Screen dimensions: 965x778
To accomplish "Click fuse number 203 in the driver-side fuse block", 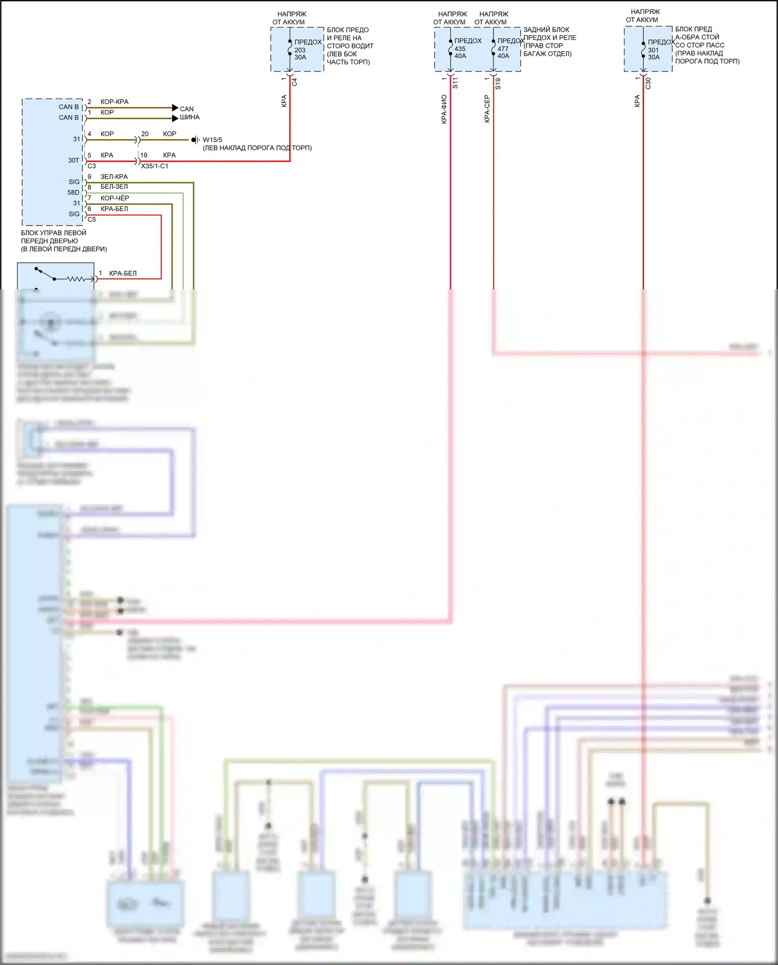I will point(300,50).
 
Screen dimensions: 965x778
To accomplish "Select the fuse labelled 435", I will point(460,49).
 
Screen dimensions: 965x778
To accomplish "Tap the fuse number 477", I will point(503,49).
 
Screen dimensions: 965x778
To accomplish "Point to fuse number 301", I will point(653,50).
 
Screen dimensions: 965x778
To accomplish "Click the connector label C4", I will point(295,82).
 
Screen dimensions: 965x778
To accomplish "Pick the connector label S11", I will point(455,83).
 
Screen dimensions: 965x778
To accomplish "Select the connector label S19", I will point(498,83).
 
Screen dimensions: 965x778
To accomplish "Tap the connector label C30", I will point(648,83).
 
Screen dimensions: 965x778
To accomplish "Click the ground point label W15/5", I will point(212,140).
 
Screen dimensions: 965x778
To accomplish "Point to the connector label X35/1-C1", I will point(155,166).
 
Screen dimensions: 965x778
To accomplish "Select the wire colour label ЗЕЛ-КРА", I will point(114,177).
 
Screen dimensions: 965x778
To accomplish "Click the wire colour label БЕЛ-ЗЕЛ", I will point(114,187).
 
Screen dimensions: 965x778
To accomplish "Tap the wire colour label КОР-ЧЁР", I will point(115,198).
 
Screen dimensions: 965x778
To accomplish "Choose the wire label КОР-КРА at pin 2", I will point(114,102).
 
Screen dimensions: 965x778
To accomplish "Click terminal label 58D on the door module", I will point(74,192).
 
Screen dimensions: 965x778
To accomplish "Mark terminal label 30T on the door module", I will point(74,160).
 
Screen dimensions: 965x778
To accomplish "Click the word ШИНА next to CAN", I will point(189,117).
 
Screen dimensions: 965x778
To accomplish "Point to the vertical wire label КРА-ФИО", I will point(444,109).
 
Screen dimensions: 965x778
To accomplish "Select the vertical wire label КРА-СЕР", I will point(487,109).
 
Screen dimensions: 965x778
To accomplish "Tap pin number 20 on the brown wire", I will point(145,134).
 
